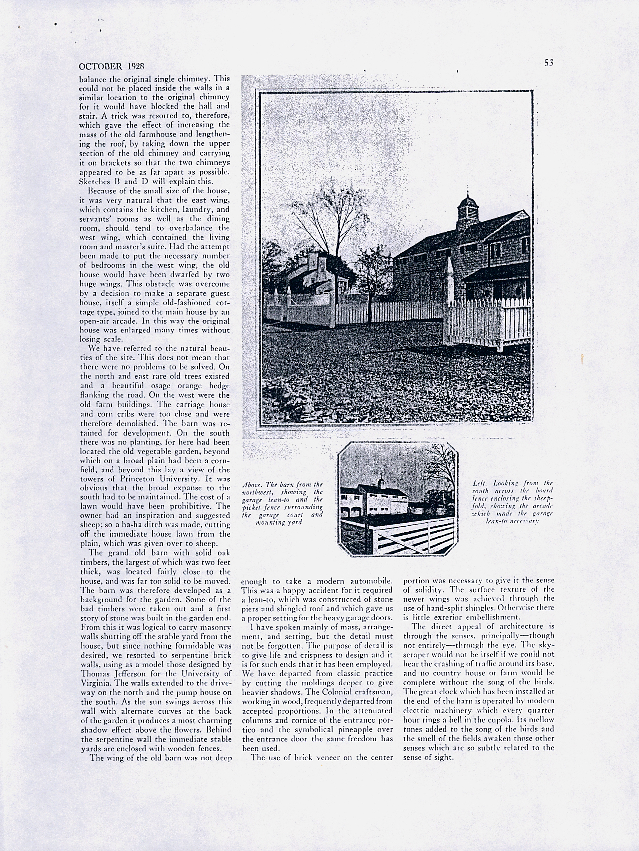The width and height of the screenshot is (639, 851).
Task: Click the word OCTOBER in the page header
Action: [101, 66]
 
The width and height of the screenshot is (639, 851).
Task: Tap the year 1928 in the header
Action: [136, 66]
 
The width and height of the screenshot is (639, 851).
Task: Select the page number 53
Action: [549, 63]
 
